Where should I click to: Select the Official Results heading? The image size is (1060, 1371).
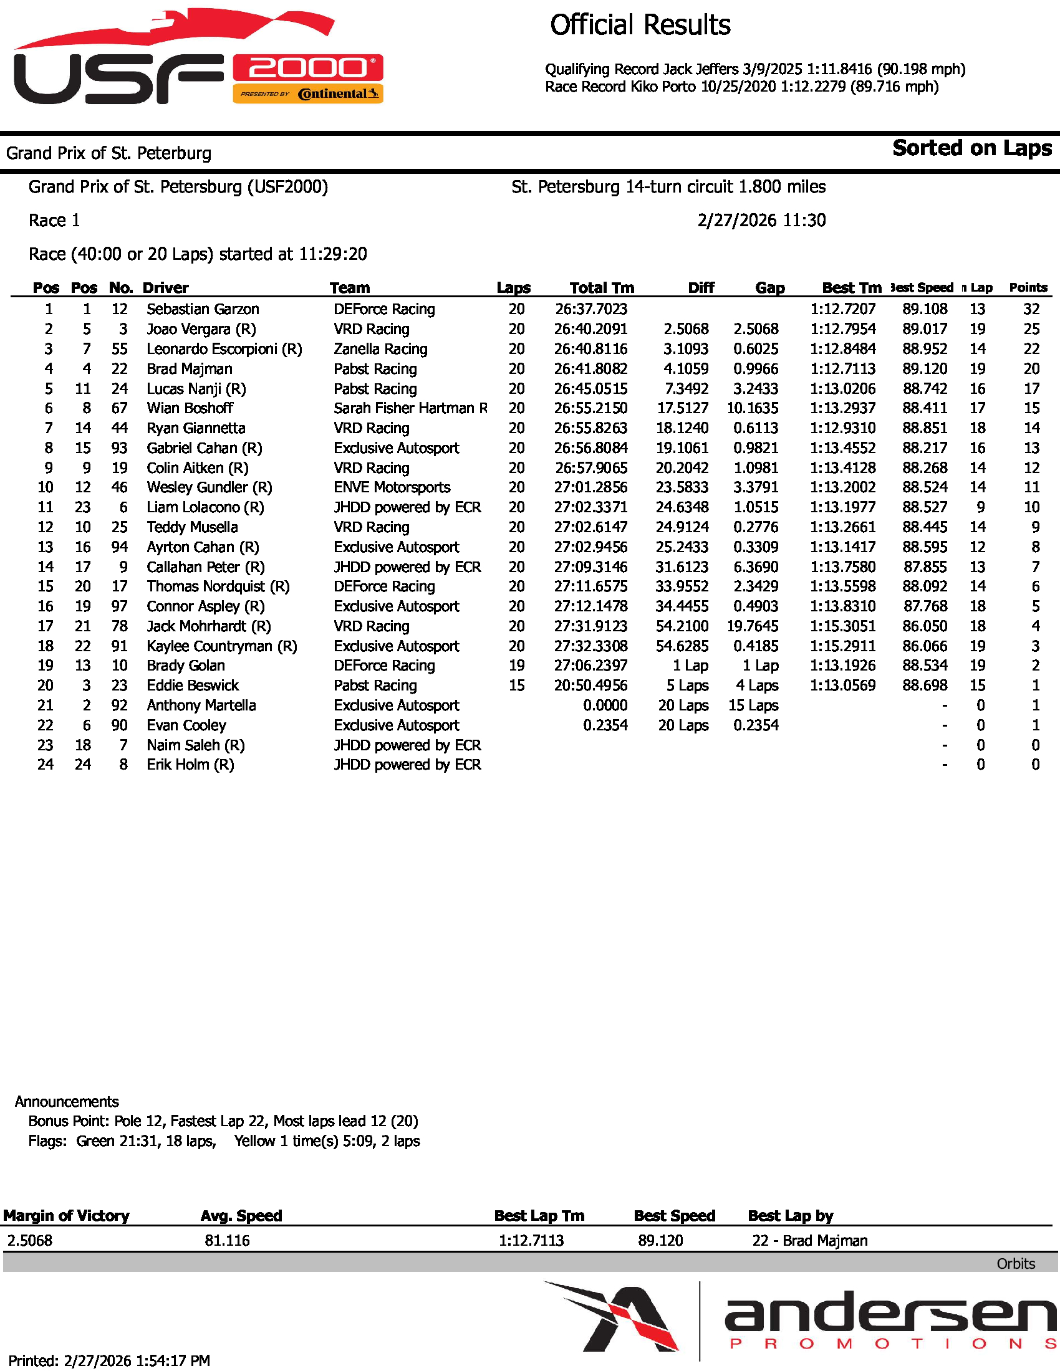click(640, 26)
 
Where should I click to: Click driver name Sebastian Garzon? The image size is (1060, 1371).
click(202, 309)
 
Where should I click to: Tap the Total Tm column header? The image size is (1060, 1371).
click(601, 287)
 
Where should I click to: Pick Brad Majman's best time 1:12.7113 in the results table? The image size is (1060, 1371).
click(842, 368)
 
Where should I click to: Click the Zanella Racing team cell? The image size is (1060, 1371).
click(380, 349)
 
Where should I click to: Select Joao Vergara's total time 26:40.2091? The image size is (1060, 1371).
click(590, 329)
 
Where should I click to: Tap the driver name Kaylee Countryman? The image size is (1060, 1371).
click(221, 646)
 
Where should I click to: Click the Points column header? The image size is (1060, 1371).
click(1028, 287)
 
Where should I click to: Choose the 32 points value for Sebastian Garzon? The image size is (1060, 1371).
click(1031, 309)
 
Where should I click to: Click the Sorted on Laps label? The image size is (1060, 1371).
click(971, 148)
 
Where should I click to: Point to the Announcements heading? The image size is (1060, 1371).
click(67, 1101)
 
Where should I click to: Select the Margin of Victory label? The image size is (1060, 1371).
click(66, 1215)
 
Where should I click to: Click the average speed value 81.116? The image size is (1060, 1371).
click(227, 1240)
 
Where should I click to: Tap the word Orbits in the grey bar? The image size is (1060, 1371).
click(1015, 1264)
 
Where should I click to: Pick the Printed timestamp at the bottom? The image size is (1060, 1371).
click(108, 1360)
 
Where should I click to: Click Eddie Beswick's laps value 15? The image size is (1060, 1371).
click(516, 685)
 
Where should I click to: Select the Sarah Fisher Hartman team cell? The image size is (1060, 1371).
click(410, 408)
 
